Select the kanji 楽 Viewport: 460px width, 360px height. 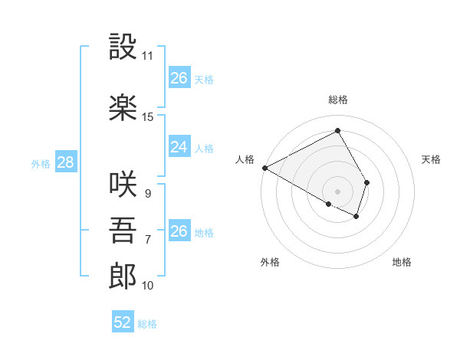123,106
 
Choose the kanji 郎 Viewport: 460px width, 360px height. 123,276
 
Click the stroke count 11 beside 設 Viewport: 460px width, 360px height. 148,56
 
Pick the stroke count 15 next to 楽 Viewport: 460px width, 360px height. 148,116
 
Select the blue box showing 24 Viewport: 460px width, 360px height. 179,147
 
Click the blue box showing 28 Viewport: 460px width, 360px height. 64,162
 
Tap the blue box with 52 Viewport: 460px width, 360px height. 123,322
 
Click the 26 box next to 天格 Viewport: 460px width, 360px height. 179,78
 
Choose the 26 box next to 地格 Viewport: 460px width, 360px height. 179,231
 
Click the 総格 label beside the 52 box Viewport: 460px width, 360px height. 147,324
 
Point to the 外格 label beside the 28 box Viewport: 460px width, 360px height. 41,163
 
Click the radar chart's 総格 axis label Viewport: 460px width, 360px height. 338,100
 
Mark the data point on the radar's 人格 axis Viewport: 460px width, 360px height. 264,167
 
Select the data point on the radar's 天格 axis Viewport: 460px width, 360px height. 367,182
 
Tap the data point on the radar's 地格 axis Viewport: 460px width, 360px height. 356,217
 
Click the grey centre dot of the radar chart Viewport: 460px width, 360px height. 337,190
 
